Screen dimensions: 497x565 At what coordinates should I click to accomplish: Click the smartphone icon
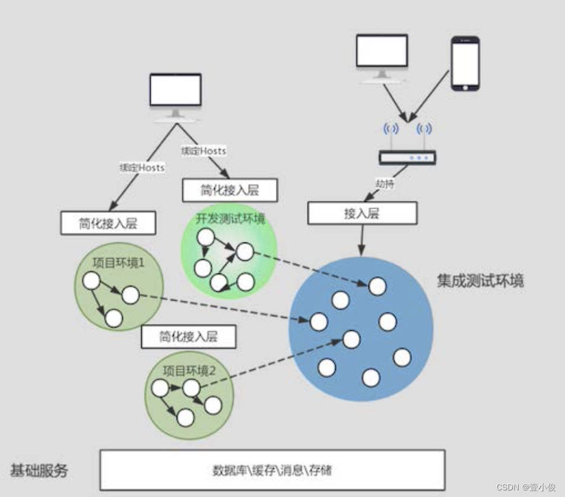[465, 64]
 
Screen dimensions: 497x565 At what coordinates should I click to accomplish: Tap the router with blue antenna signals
[407, 156]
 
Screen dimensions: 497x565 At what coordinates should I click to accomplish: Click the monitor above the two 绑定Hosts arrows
[175, 95]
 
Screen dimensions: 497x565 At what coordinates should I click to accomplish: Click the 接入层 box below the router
[362, 213]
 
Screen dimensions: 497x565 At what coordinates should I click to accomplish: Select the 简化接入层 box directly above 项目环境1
[107, 224]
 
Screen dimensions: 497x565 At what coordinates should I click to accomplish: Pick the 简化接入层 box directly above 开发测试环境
[229, 191]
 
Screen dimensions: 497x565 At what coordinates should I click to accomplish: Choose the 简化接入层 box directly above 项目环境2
[188, 337]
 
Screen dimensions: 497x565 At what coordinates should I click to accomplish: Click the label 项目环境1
[119, 262]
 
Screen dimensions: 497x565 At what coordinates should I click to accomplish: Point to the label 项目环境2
[189, 372]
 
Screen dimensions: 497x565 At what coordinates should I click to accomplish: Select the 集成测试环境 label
[481, 281]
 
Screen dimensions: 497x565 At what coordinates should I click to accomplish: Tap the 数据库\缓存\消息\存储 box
[272, 470]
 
